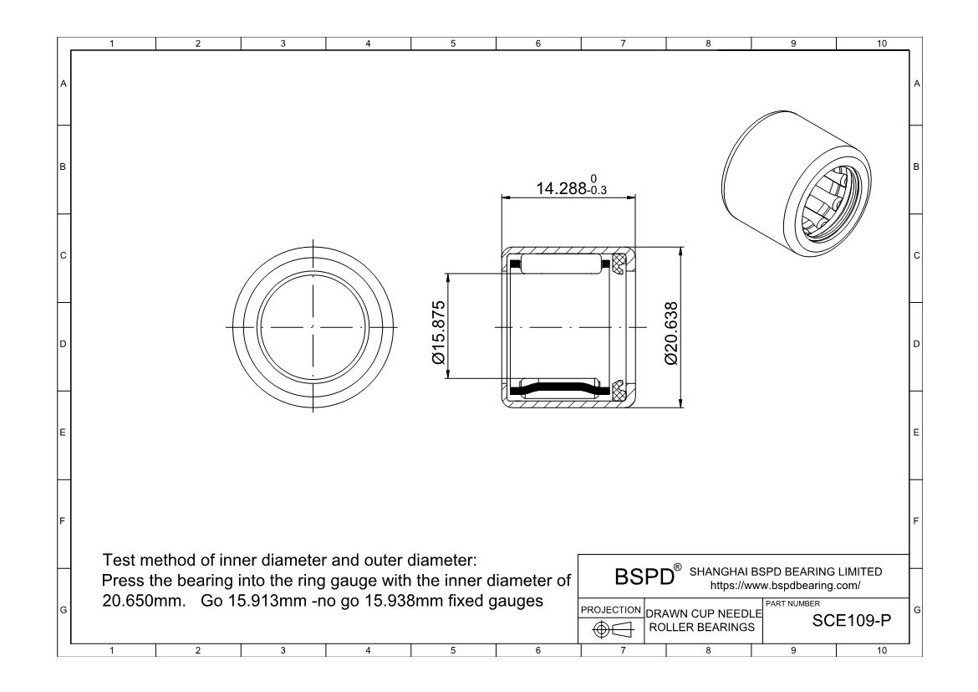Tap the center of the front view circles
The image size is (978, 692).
pyautogui.click(x=313, y=325)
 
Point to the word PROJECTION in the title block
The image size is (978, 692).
pyautogui.click(x=610, y=609)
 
